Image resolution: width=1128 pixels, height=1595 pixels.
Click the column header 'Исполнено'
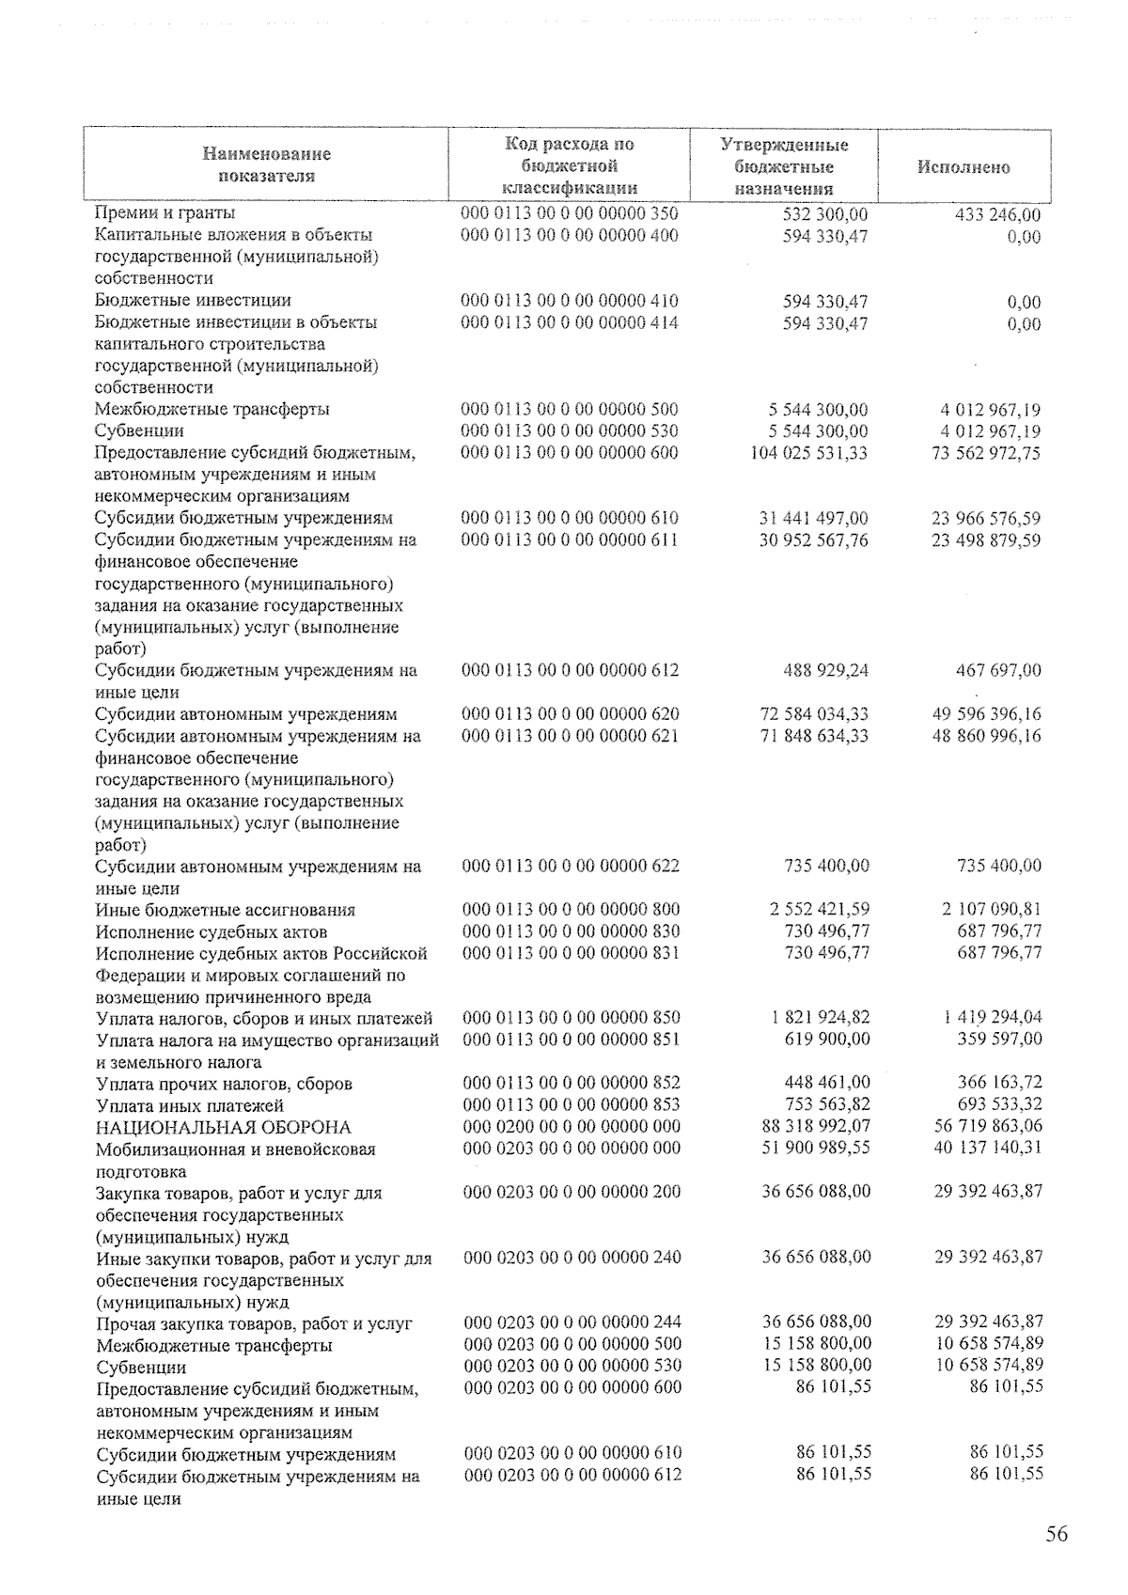(963, 167)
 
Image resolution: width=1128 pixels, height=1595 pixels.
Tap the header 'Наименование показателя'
(267, 164)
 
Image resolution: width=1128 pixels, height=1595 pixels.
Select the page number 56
(1057, 1535)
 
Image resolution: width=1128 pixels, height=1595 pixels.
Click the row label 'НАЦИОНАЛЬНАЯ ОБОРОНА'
(224, 1127)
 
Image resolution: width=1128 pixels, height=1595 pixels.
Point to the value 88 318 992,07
(815, 1126)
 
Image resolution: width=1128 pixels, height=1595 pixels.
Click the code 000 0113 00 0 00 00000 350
(570, 214)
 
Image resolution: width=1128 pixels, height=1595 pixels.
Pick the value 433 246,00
(997, 215)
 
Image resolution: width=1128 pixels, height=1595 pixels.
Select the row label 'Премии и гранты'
(165, 214)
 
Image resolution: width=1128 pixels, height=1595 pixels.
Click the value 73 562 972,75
(986, 453)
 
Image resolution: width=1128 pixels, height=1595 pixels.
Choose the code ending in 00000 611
(570, 539)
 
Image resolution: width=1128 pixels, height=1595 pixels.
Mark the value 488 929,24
(825, 671)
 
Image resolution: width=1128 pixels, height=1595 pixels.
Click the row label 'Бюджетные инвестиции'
(193, 301)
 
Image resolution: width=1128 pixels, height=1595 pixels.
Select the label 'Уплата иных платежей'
(190, 1105)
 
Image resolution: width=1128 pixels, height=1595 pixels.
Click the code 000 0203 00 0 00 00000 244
(572, 1322)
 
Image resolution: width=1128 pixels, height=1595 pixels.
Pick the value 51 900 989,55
(815, 1148)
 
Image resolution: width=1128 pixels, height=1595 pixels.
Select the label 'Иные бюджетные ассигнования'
(226, 910)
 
